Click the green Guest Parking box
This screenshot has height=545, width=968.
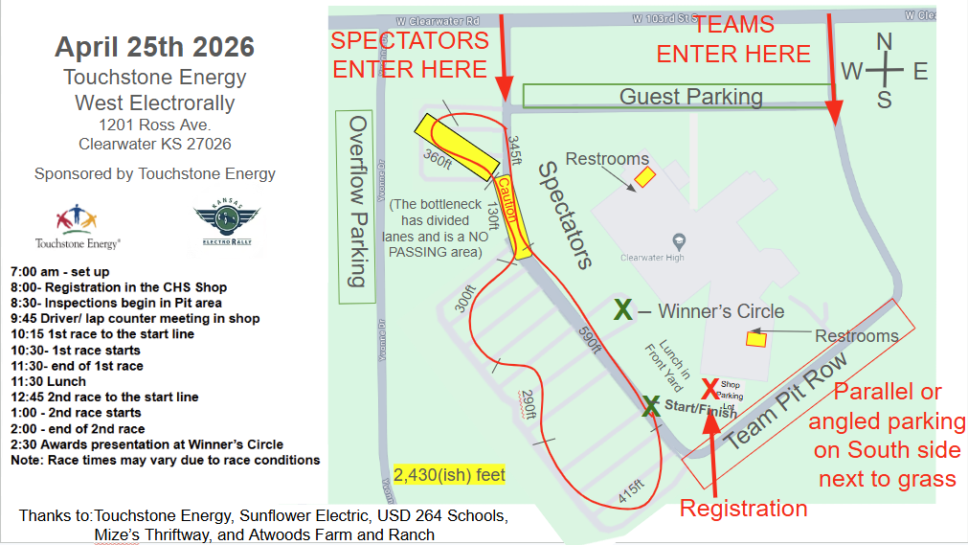click(x=676, y=96)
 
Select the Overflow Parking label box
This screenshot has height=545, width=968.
click(x=355, y=205)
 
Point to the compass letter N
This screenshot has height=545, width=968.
click(x=885, y=41)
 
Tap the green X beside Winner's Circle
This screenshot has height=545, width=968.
click(x=622, y=309)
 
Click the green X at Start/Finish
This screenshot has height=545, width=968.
click(x=650, y=406)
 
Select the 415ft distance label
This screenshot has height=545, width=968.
click(x=629, y=492)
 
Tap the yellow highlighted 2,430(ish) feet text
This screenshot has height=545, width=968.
click(x=449, y=474)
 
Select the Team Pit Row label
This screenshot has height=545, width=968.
click(x=786, y=401)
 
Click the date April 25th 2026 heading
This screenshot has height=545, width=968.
click(x=154, y=46)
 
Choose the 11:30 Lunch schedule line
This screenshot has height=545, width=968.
click(x=51, y=381)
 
